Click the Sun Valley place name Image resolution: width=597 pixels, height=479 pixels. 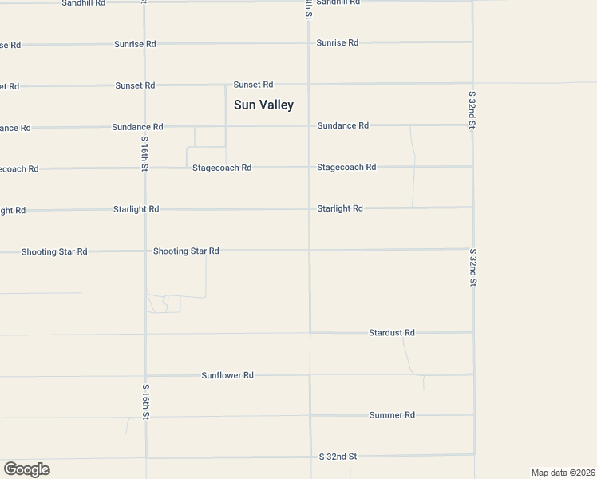click(x=263, y=105)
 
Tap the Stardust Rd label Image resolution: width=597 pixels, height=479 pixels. click(x=392, y=332)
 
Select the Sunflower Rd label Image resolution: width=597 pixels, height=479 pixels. click(x=227, y=374)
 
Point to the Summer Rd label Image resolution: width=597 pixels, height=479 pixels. click(x=392, y=415)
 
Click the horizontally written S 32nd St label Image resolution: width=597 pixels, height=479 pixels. click(x=338, y=457)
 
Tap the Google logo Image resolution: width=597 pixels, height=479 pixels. click(x=26, y=469)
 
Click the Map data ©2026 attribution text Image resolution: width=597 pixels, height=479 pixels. click(x=563, y=472)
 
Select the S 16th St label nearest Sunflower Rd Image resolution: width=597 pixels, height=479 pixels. click(x=145, y=402)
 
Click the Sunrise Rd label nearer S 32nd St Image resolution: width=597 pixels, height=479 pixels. click(x=337, y=42)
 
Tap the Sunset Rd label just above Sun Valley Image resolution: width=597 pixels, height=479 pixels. click(x=253, y=84)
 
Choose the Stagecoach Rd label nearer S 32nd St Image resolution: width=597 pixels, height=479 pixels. click(x=346, y=167)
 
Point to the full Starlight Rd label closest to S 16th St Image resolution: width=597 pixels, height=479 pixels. click(x=136, y=209)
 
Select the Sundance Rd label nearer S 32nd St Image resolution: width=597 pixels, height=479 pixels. click(x=343, y=125)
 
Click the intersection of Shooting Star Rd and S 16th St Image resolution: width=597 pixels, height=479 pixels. click(x=145, y=251)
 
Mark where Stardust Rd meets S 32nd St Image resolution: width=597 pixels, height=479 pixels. click(x=473, y=332)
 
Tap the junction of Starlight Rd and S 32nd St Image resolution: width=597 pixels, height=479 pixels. click(x=472, y=208)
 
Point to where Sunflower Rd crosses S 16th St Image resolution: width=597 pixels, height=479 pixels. click(x=146, y=374)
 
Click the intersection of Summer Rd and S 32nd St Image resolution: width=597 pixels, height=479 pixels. click(x=474, y=415)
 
